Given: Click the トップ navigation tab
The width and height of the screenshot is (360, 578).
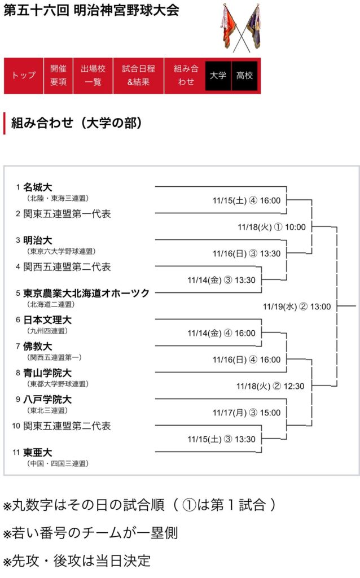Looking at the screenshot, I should coord(24,76).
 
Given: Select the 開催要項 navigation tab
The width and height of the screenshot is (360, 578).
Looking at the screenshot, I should coord(58,76).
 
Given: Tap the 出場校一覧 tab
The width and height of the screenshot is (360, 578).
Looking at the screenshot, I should coord(93,76).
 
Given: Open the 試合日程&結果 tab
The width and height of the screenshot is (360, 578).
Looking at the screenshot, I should coord(138,76).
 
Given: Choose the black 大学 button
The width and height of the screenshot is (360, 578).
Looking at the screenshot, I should coord(218,76).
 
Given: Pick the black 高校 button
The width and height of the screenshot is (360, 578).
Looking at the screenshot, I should coord(244,76).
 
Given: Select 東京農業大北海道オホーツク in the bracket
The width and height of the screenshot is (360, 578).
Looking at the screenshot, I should coord(86,293).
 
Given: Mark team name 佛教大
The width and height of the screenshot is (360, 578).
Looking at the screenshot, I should coord(37,346).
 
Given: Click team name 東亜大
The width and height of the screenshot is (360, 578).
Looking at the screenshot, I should coord(37,452).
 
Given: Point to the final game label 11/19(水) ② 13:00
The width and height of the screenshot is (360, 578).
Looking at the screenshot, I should coord(297,306).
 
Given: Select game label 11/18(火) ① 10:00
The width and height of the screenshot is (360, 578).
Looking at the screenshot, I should coord(271,227).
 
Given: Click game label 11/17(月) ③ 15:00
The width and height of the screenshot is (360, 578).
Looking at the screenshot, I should coord(246,413).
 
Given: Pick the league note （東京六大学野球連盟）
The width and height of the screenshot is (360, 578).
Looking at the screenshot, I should coord(61,251).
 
